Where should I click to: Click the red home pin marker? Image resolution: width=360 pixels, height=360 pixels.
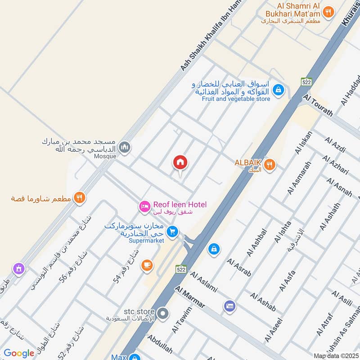coord(180,162)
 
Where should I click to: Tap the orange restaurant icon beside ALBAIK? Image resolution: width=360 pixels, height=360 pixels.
coord(270,165)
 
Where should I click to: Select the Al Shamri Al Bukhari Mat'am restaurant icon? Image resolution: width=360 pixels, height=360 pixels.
coord(329,12)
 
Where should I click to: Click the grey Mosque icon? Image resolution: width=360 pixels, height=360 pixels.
coord(126,147)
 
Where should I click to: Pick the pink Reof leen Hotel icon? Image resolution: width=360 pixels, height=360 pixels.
coord(144,206)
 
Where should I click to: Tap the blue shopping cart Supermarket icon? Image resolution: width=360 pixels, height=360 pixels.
coord(171,232)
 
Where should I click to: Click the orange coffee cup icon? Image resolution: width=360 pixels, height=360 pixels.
coord(147,265)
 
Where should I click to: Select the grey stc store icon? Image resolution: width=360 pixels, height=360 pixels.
coord(163,312)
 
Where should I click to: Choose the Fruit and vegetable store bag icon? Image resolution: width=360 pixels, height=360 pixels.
coord(279,90)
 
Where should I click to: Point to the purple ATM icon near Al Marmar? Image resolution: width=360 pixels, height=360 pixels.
coord(229,306)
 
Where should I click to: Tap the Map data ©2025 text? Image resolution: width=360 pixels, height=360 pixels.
coord(335,356)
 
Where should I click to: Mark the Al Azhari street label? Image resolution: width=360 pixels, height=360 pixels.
coord(336,166)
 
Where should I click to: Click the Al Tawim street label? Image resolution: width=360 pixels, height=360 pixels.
coord(181,320)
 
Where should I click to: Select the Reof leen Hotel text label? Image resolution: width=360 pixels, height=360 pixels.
coord(180,205)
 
